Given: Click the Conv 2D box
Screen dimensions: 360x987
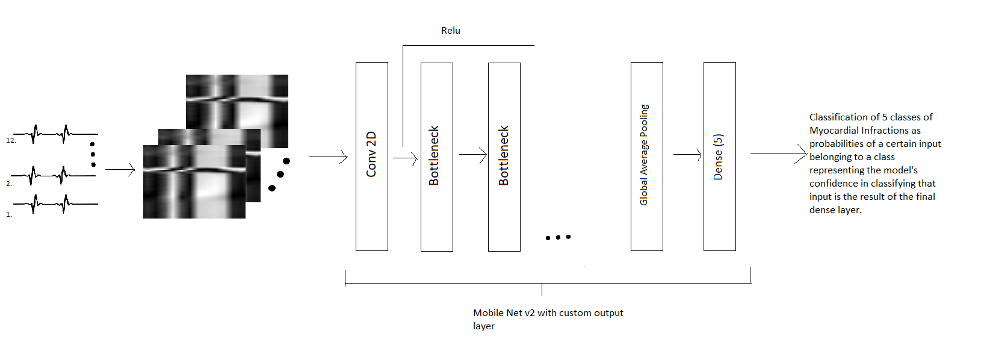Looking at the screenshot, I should pyautogui.click(x=371, y=157).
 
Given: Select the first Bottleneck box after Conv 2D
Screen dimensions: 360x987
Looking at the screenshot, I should pyautogui.click(x=436, y=157).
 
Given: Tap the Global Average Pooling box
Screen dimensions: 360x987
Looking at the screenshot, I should pyautogui.click(x=646, y=157).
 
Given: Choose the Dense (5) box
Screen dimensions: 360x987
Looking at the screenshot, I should pyautogui.click(x=719, y=157).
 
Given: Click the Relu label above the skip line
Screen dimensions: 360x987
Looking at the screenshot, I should pyautogui.click(x=450, y=31).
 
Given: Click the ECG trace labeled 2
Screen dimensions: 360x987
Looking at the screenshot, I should pyautogui.click(x=54, y=175).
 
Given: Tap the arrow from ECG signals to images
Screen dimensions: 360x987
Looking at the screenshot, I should pyautogui.click(x=120, y=170).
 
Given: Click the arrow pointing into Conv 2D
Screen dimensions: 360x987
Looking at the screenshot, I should pyautogui.click(x=328, y=157).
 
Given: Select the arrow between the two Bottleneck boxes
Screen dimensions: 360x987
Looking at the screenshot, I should pyautogui.click(x=472, y=155).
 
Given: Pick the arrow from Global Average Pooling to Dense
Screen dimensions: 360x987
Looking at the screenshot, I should pyautogui.click(x=687, y=155).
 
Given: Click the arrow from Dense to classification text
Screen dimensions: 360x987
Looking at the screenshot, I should pyautogui.click(x=778, y=154).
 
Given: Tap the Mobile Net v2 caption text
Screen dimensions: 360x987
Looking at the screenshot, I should pyautogui.click(x=548, y=313).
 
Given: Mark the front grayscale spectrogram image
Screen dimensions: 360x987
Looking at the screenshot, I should pyautogui.click(x=194, y=182).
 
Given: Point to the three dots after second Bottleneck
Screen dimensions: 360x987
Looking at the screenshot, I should pyautogui.click(x=558, y=237).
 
